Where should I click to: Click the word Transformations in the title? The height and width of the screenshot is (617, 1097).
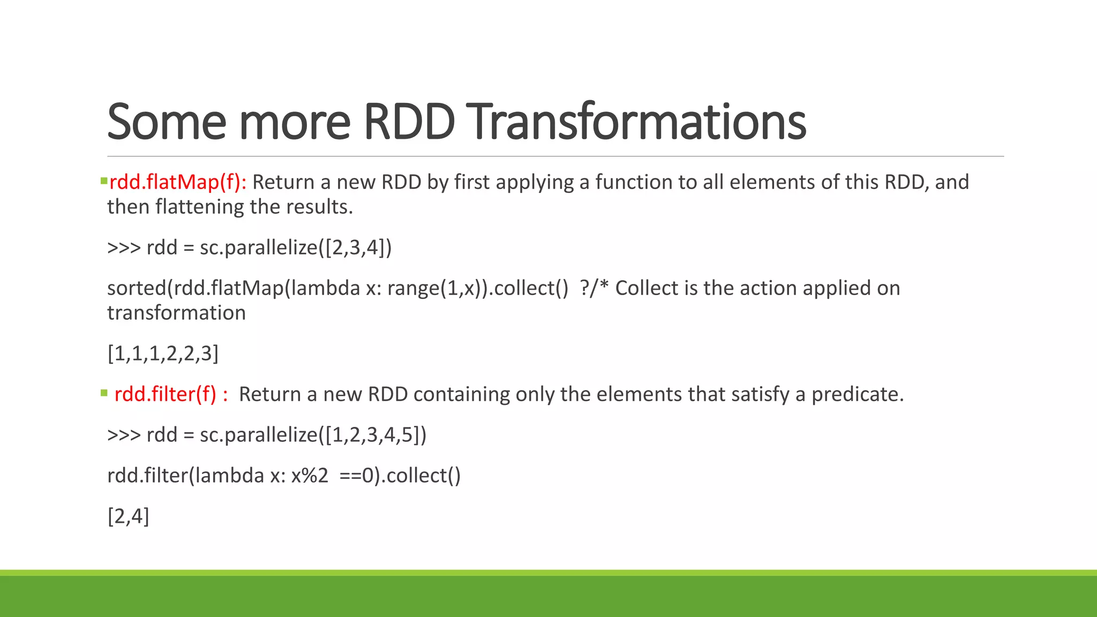(637, 122)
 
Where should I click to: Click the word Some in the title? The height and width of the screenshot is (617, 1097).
(166, 122)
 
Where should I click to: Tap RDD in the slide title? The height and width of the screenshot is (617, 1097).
(409, 122)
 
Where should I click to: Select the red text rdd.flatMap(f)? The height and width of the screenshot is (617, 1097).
(177, 182)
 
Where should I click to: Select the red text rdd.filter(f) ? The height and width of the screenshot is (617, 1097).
(171, 394)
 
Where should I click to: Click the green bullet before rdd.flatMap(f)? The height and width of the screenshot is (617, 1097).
(103, 181)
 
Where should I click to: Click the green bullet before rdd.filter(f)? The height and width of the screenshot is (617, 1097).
(104, 393)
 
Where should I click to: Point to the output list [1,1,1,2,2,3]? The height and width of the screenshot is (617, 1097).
(163, 353)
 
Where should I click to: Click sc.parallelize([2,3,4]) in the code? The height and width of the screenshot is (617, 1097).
(296, 247)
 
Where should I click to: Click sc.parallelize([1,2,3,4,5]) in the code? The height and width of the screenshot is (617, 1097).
(313, 435)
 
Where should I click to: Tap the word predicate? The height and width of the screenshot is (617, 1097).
(857, 394)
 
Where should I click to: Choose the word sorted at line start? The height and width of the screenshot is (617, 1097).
(137, 288)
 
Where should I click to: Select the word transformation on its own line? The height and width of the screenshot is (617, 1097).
(176, 313)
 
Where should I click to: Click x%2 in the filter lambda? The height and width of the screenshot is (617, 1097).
(309, 476)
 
